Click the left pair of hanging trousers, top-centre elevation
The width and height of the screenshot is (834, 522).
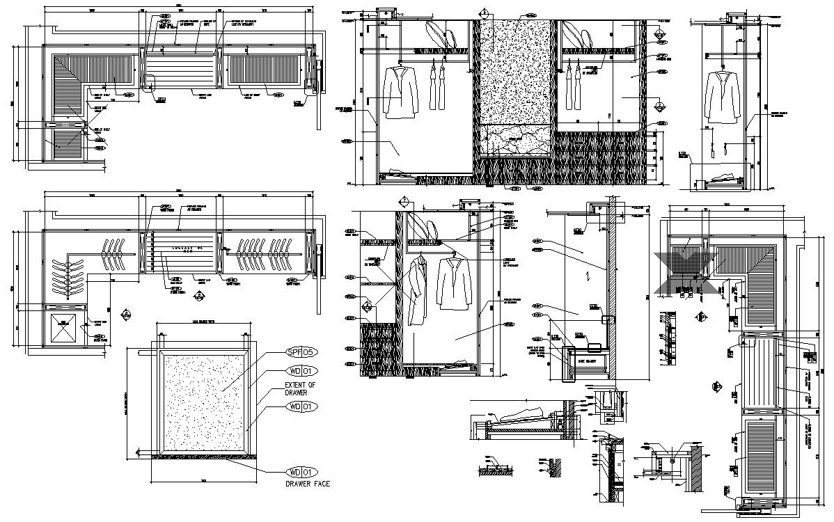[436, 87]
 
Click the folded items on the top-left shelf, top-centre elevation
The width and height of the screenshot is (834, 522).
[433, 33]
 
